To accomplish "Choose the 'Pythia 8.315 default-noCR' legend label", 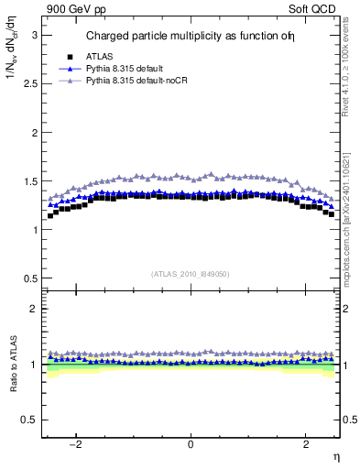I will pos(136,81).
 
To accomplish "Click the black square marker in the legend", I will pos(66,56).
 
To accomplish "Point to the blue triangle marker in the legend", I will pos(66,68).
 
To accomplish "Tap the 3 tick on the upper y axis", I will pos(33,35).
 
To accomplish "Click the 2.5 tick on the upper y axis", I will pos(29,83).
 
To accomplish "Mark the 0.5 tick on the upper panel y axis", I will pos(29,278).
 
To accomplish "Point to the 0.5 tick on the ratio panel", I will pos(29,420).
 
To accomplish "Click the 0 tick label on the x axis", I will pos(191,444).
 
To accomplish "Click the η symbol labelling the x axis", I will pos(336,457).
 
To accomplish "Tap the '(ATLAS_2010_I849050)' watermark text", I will pos(191,273).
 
